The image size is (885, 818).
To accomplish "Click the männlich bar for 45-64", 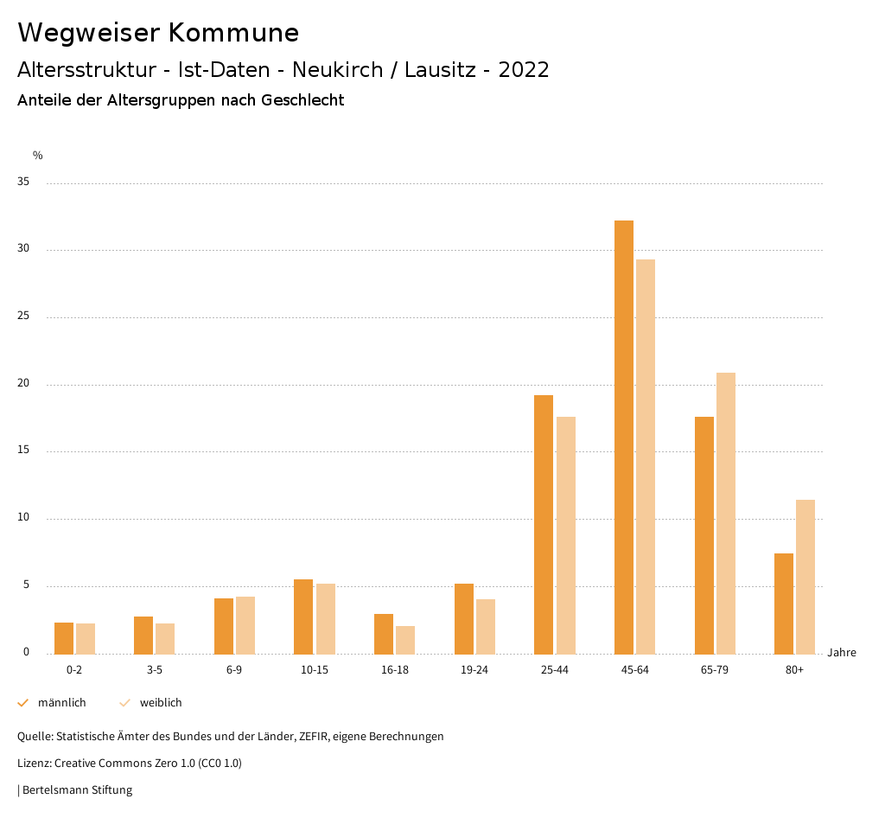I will click(x=624, y=437).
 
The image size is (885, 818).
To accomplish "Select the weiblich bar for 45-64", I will click(x=646, y=457).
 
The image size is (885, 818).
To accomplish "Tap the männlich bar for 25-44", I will click(x=544, y=524).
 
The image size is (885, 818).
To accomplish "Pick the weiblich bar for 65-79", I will click(x=726, y=513).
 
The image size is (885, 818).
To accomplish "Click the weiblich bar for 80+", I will click(x=805, y=577).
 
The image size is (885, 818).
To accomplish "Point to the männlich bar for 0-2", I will click(x=64, y=638).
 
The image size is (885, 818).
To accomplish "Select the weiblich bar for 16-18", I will click(x=405, y=640).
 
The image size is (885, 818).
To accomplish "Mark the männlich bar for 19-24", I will click(x=464, y=619).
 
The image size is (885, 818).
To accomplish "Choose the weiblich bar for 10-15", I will click(x=325, y=619).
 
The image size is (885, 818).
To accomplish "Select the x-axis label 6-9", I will click(x=234, y=670).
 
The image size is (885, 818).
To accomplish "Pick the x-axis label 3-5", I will click(x=154, y=670).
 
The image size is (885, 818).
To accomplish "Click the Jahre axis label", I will click(x=841, y=653).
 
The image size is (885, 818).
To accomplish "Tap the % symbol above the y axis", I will click(x=38, y=156).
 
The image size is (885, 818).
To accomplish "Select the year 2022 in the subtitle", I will click(x=524, y=70).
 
